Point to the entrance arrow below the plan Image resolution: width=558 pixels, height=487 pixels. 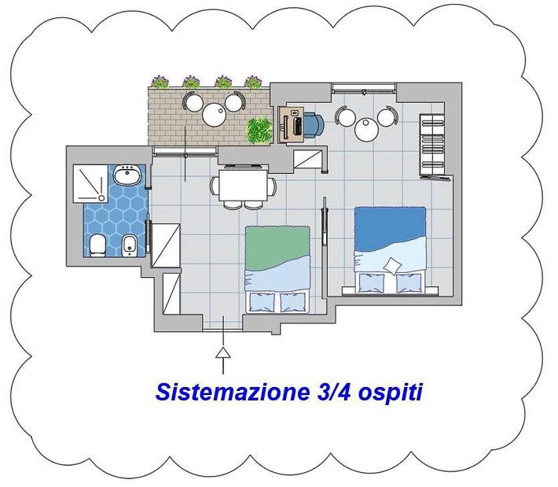coord(224,358)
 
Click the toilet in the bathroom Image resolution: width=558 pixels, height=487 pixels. coord(96,245)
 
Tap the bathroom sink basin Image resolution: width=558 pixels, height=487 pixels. coord(126,175)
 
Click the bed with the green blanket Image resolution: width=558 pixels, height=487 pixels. coord(277,267)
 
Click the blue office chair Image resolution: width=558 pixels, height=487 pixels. coord(314,124)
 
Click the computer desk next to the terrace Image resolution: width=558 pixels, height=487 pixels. coord(292,124)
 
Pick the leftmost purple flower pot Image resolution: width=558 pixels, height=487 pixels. coord(160,81)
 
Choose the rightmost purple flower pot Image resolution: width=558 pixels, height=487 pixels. coord(253,81)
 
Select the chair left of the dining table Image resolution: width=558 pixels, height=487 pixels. coord(214,186)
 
